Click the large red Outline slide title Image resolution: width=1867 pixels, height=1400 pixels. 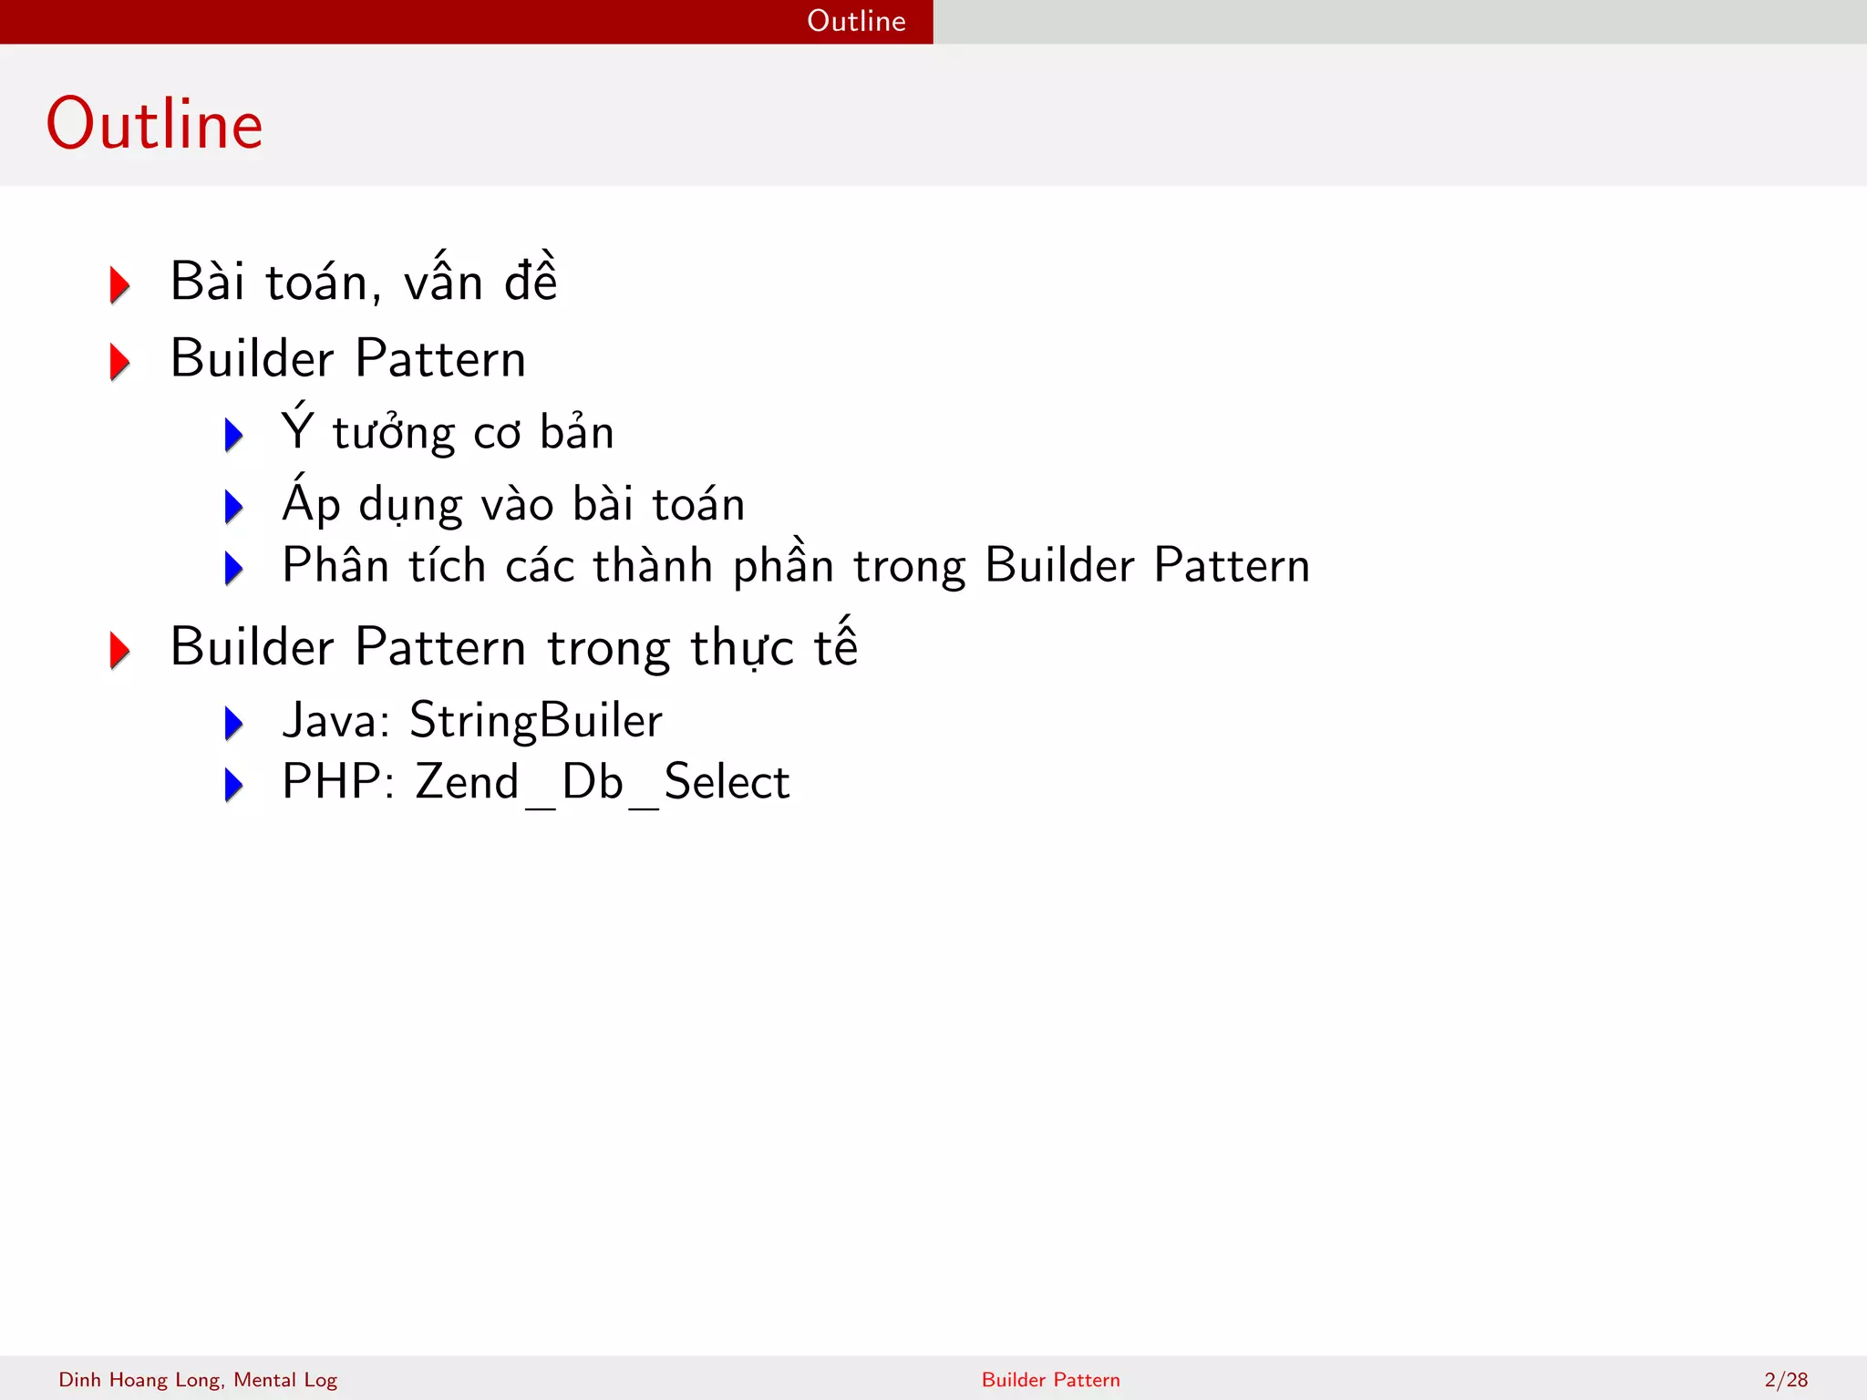pyautogui.click(x=155, y=124)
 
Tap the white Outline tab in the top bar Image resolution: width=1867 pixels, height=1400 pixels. pyautogui.click(x=856, y=21)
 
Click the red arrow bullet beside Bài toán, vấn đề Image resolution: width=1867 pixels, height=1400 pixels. pyautogui.click(x=119, y=284)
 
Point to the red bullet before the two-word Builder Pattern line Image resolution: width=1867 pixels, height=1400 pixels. pyautogui.click(x=119, y=361)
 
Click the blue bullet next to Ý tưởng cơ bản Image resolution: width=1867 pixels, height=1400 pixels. pyautogui.click(x=234, y=435)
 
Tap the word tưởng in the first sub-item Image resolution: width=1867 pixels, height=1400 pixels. pyautogui.click(x=394, y=434)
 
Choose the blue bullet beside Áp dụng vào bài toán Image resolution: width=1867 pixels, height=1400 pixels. pyautogui.click(x=234, y=507)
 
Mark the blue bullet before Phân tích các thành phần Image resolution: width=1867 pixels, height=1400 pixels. pyautogui.click(x=234, y=568)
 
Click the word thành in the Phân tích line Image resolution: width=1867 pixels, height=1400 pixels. pyautogui.click(x=653, y=565)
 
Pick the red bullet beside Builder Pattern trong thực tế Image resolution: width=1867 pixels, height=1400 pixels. pyautogui.click(x=119, y=650)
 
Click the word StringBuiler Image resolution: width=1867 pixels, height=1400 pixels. pyautogui.click(x=536, y=720)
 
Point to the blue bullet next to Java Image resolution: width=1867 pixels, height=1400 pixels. pyautogui.click(x=234, y=724)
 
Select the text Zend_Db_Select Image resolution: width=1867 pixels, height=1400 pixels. pyautogui.click(x=603, y=782)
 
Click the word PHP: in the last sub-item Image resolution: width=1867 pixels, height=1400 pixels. pyautogui.click(x=338, y=782)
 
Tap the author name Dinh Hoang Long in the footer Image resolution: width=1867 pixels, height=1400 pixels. pyautogui.click(x=140, y=1380)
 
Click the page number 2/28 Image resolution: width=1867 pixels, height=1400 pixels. pyautogui.click(x=1786, y=1380)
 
